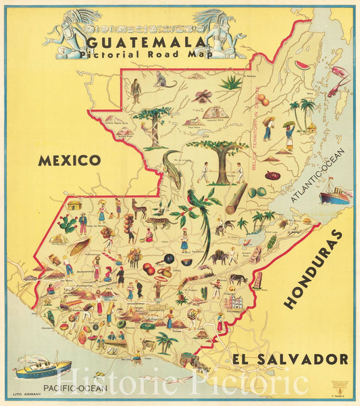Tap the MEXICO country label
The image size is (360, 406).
click(69, 160)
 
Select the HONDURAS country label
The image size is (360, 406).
click(313, 268)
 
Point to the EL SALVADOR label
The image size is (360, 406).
click(289, 359)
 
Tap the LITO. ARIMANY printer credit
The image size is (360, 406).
click(26, 392)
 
